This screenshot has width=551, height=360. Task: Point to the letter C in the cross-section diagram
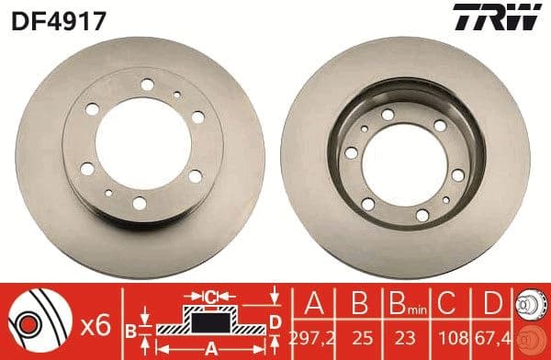[x=211, y=296]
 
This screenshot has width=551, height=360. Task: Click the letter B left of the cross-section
[x=130, y=329]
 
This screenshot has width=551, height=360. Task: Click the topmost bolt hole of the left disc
[x=148, y=85]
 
